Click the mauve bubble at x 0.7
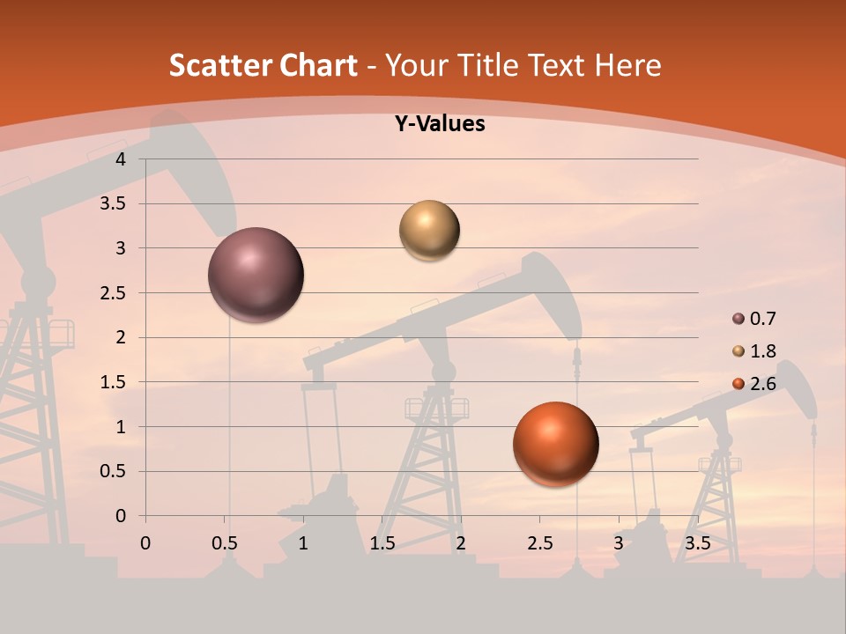(x=256, y=275)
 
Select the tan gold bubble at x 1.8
(x=429, y=230)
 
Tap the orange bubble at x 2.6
(x=555, y=444)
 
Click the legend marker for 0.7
(x=738, y=319)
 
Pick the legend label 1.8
(x=763, y=351)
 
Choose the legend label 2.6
(x=763, y=384)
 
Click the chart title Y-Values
(x=440, y=124)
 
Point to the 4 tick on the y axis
(x=121, y=159)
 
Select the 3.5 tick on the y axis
(x=113, y=204)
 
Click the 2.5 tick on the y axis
(x=113, y=293)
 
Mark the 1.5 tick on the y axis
(x=113, y=382)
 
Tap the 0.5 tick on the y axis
(x=113, y=471)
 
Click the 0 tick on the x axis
(x=145, y=543)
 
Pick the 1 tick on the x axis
(x=303, y=543)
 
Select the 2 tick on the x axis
(x=461, y=543)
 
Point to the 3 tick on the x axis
(x=619, y=543)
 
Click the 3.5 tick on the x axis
(x=697, y=543)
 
